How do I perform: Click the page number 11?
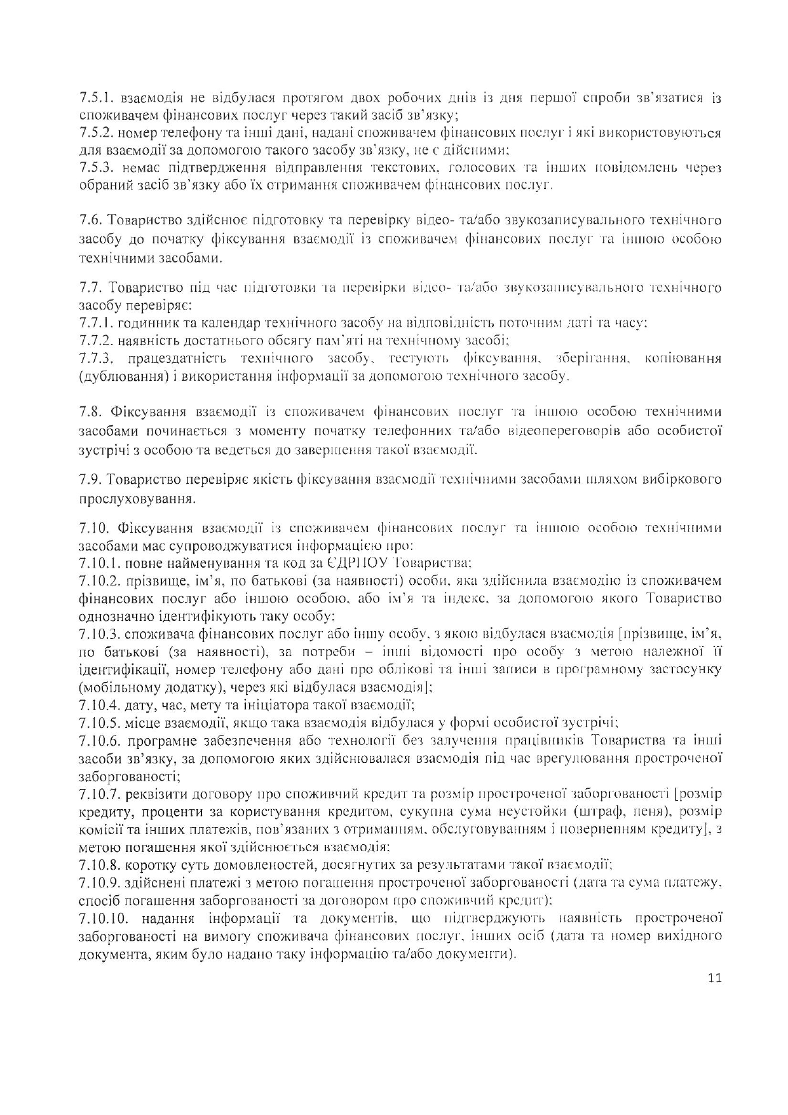[x=714, y=978]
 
